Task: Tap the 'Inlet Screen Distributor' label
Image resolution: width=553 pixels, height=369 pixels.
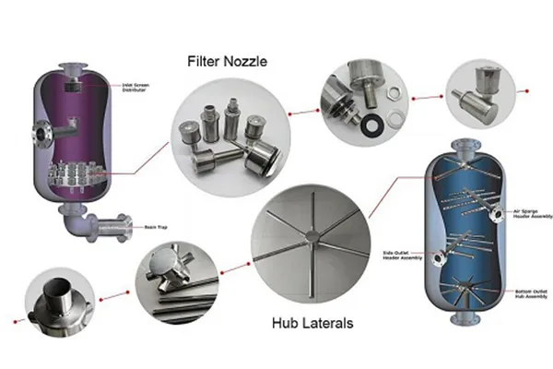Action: pyautogui.click(x=135, y=89)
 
